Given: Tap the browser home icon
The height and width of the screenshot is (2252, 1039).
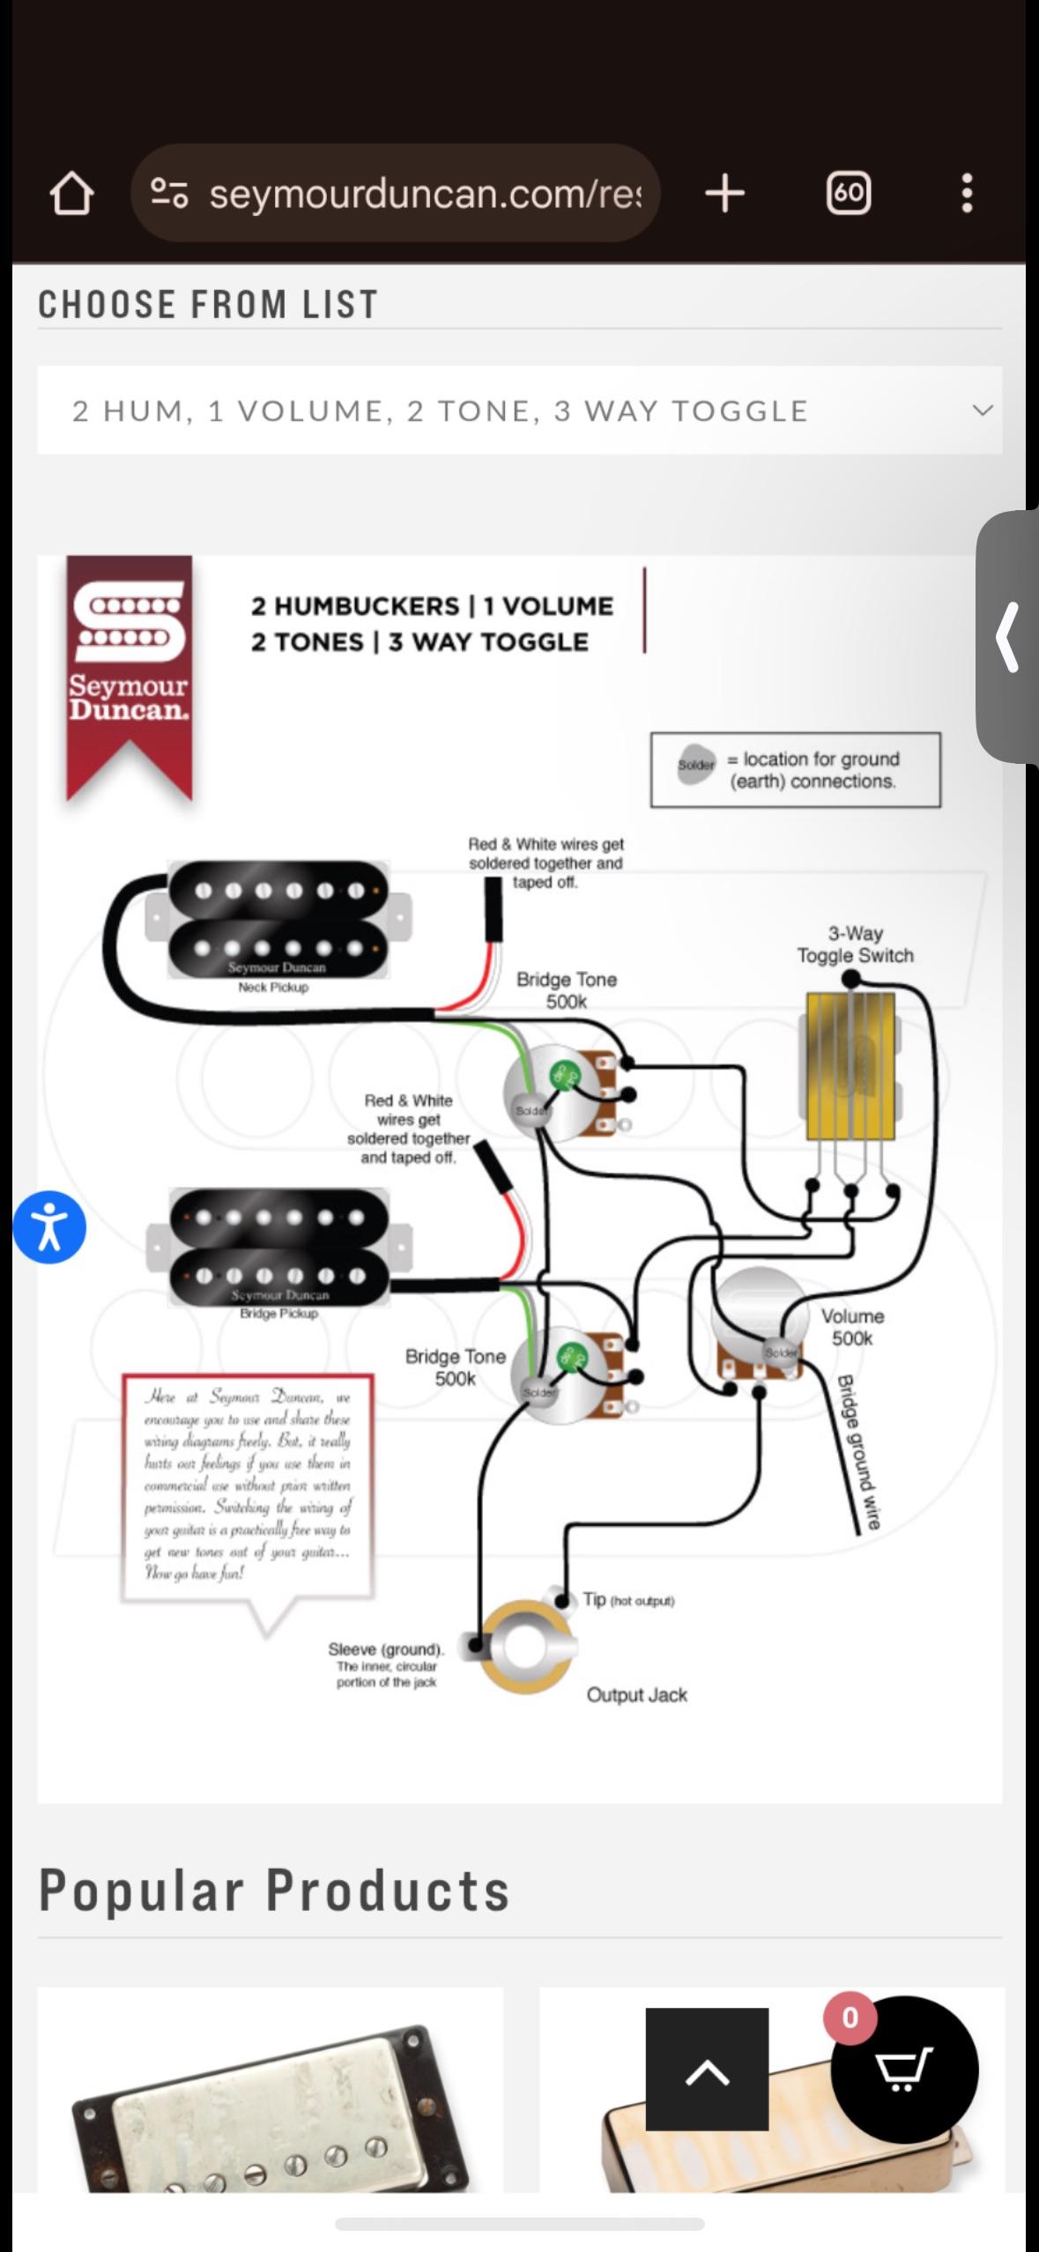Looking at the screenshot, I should tap(71, 193).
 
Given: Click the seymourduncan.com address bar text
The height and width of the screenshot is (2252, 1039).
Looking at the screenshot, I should tap(425, 193).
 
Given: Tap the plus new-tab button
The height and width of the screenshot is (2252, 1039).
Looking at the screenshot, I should tap(724, 193).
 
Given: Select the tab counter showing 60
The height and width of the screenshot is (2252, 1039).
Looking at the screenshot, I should tap(848, 193).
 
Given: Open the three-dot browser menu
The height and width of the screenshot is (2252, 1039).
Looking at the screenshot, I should tap(967, 193).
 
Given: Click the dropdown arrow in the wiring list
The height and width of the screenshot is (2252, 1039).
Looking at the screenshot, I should tap(982, 411).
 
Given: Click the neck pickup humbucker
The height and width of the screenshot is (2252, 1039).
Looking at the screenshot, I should tap(278, 920).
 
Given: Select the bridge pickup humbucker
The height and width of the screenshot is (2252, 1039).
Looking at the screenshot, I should tap(278, 1247).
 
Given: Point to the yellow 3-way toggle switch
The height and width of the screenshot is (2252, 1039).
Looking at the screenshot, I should tap(850, 1067).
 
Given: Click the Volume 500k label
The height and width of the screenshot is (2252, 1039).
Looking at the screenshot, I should tap(852, 1327).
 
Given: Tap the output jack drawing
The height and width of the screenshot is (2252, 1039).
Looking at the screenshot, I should tap(526, 1646).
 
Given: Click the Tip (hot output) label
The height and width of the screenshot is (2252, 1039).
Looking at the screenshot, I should tap(628, 1599).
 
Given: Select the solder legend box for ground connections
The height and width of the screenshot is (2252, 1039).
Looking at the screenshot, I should tap(795, 770).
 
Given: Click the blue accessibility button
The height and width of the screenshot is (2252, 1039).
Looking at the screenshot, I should tap(49, 1227).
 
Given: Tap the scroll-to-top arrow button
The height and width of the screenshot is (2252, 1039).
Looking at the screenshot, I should tap(707, 2069).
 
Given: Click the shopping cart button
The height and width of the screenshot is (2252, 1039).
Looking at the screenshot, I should tap(904, 2069).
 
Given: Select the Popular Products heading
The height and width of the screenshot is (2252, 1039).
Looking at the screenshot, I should tap(274, 1890).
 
